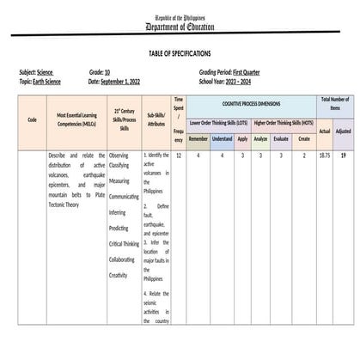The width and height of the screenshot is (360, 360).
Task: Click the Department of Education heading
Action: [180, 27]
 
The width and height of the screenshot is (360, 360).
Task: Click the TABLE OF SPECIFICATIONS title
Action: [180, 53]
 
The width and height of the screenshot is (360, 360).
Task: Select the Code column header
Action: [32, 119]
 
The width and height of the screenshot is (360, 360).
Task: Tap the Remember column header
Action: [198, 138]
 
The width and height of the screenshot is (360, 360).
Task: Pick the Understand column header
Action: [223, 138]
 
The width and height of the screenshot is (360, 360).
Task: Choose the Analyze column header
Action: [261, 138]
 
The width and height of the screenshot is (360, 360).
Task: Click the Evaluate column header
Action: [282, 138]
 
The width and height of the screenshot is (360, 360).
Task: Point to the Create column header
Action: [304, 138]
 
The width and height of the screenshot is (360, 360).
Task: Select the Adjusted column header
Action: [343, 131]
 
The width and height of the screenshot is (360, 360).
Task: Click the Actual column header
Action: [324, 131]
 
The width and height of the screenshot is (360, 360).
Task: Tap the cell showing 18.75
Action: [324, 156]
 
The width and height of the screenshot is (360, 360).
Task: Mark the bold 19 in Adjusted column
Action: [343, 156]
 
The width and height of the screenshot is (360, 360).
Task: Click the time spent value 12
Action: [178, 156]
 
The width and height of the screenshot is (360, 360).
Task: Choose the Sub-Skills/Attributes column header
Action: [156, 119]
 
